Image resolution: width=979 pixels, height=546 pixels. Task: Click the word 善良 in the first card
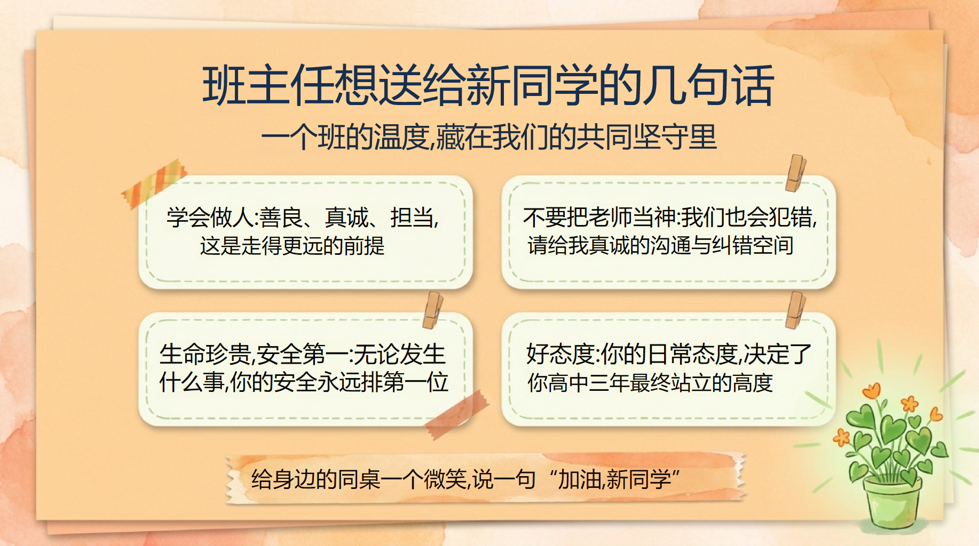coord(281,218)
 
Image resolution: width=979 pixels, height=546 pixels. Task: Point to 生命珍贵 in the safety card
coord(205,354)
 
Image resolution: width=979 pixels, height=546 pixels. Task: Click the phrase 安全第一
coord(302,354)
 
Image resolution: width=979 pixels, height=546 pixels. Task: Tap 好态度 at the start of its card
coord(560,354)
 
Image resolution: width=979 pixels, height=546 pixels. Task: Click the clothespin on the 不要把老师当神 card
coord(795,173)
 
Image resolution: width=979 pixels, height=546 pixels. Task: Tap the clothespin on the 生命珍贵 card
coord(433,310)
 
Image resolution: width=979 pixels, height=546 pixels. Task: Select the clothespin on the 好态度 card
coord(795,310)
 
